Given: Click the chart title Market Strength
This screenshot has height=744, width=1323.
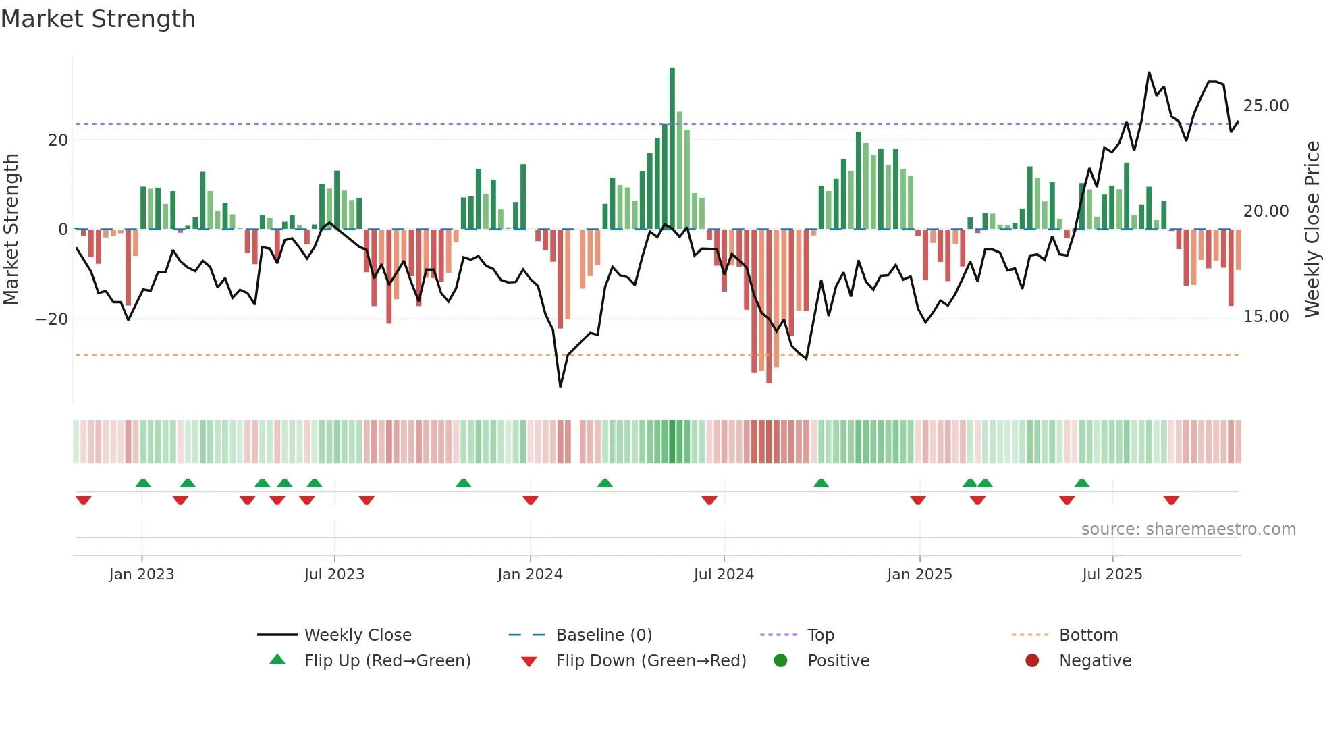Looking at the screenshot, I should click(x=98, y=19).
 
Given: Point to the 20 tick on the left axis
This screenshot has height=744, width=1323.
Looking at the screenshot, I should click(x=58, y=140).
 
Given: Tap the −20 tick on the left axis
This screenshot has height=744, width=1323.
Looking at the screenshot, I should click(x=53, y=319).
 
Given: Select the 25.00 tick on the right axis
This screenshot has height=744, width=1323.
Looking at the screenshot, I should click(x=1266, y=106).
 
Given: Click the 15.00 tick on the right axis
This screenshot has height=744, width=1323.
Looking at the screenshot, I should click(x=1266, y=317).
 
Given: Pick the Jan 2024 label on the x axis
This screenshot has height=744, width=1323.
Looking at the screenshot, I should click(x=530, y=575).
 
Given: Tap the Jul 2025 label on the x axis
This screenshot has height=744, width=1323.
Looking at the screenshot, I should click(x=1112, y=575).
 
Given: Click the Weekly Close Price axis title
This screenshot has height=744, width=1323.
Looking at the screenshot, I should click(x=1312, y=230).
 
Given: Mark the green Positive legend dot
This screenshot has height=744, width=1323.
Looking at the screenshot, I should click(x=781, y=661).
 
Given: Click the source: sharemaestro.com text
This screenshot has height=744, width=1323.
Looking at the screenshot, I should click(x=1188, y=529).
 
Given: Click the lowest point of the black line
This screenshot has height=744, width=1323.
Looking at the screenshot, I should click(x=560, y=386).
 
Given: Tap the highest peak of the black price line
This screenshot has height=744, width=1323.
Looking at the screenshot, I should click(x=1149, y=72).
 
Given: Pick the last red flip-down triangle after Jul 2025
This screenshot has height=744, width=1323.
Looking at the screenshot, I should click(x=1171, y=500).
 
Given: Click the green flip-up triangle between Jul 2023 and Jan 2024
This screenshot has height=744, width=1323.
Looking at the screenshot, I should click(x=463, y=483).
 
